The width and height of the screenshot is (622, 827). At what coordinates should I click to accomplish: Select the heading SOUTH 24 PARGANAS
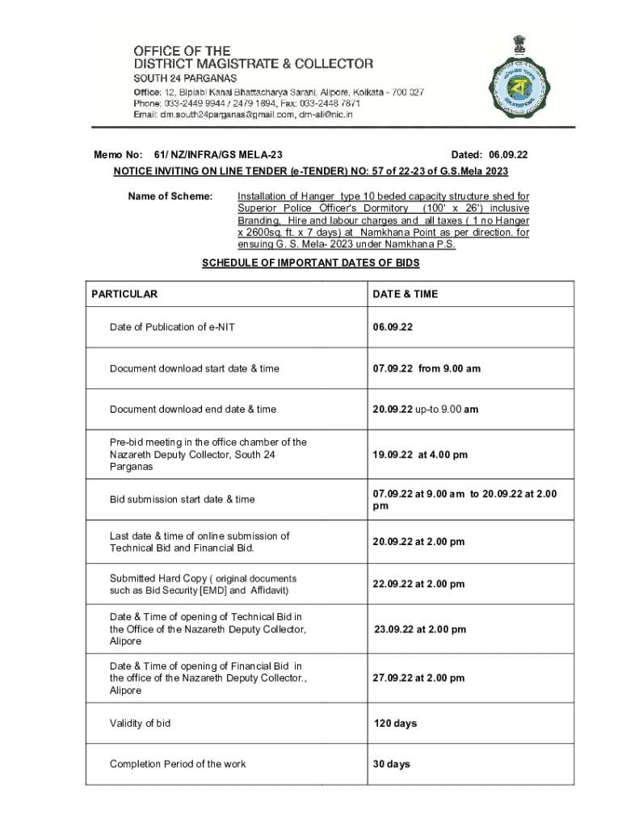coord(185,78)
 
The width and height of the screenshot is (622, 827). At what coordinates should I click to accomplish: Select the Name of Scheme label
coord(170,196)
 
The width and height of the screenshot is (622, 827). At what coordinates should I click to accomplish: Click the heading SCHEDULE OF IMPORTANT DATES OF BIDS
coord(310,263)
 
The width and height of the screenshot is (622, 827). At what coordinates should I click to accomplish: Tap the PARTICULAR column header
coord(124,294)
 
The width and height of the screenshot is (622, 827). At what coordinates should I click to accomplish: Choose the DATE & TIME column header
coord(406,294)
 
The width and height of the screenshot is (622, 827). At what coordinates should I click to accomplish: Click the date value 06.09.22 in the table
coord(393,327)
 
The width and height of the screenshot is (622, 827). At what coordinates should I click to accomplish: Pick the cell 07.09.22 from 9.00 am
coord(427,368)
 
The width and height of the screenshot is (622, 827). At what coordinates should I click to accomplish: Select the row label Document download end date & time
coord(193,409)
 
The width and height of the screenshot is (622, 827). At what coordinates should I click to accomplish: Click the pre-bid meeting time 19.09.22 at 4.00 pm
coord(420,455)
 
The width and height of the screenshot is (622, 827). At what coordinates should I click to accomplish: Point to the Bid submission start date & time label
coord(183,499)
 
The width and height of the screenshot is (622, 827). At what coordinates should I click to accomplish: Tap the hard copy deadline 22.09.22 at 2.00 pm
coord(418,584)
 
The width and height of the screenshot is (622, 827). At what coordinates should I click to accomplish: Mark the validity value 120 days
coord(396,724)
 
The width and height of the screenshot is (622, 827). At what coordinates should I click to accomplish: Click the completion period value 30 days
coord(392,764)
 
